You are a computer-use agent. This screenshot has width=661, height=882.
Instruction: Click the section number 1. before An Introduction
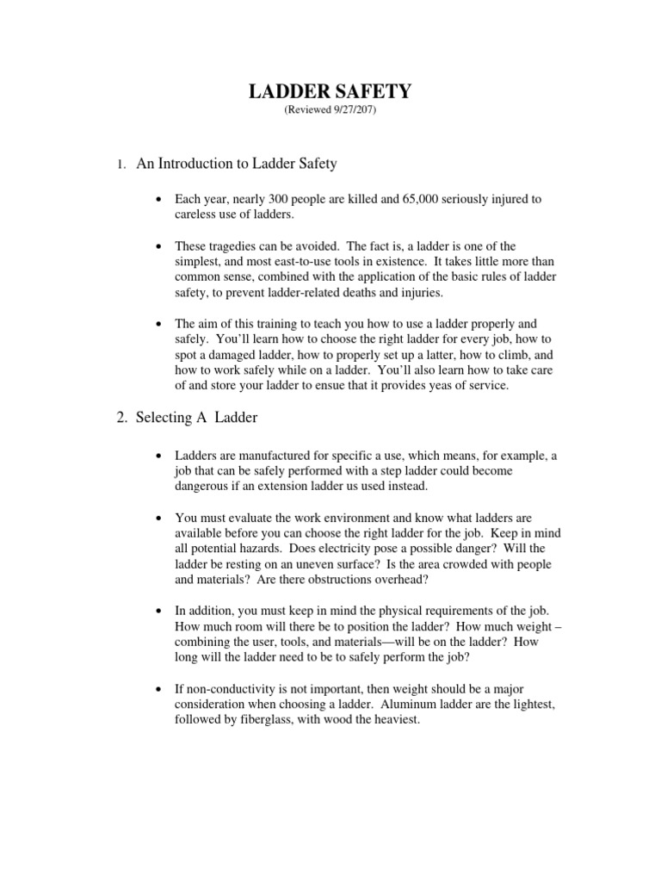coord(122,164)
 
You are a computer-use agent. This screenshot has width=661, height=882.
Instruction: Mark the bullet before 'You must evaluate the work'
coord(159,519)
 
